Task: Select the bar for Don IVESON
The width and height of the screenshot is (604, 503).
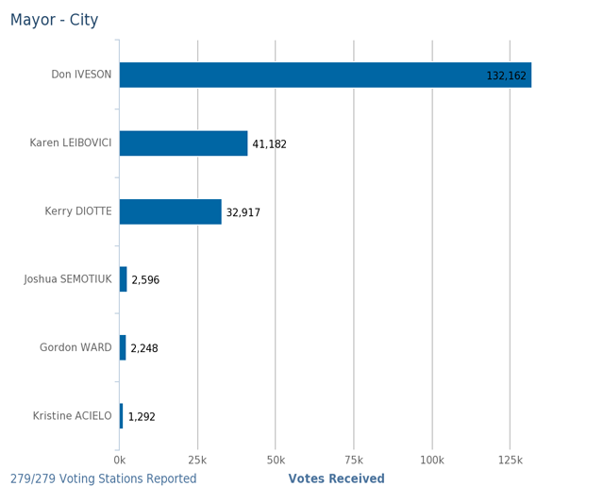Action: point(325,75)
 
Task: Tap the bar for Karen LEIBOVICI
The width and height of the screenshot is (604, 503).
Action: point(183,143)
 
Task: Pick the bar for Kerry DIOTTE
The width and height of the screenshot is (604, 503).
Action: point(170,211)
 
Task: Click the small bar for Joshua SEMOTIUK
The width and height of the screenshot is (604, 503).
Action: point(124,279)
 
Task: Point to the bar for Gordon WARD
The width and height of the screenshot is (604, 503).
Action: point(123,347)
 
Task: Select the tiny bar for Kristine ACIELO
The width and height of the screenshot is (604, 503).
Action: point(122,415)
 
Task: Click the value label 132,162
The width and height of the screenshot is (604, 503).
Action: point(506,75)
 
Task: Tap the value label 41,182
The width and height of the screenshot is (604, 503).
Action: point(269,144)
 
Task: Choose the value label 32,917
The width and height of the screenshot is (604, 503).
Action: point(243,212)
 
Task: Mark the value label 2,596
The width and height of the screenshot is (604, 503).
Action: point(145,280)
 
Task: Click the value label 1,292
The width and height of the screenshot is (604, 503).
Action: point(142,416)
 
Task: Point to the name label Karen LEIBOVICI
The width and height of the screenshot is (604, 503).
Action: point(71,143)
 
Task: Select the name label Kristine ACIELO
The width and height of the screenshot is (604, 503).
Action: point(72,416)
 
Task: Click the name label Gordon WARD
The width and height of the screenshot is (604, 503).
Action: point(75,348)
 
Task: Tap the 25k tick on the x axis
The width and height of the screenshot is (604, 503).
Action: point(197,460)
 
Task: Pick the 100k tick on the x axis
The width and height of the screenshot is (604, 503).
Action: point(431,460)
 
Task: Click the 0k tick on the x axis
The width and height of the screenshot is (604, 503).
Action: point(120,460)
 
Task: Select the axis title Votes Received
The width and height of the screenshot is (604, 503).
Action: point(336,478)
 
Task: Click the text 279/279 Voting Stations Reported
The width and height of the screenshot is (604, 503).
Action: point(104,478)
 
